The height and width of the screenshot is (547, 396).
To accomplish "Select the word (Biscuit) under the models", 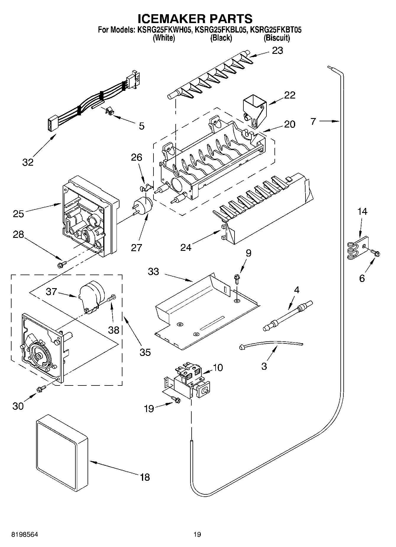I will [277, 38].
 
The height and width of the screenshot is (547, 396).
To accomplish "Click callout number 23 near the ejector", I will [277, 51].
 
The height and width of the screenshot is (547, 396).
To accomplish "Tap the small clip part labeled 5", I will [110, 112].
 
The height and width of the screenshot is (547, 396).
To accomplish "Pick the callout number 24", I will [186, 247].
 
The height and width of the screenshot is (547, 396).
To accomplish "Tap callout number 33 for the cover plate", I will [153, 271].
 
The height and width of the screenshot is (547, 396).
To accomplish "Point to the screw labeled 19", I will [176, 400].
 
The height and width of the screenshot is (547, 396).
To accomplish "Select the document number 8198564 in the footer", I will [25, 534].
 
